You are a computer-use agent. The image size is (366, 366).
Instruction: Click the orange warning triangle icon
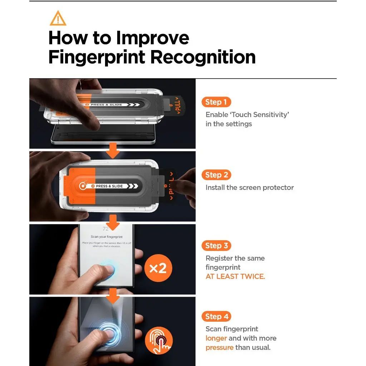[58, 18]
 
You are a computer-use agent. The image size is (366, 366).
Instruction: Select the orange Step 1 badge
[216, 102]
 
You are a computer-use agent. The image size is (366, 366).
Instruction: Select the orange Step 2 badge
[216, 175]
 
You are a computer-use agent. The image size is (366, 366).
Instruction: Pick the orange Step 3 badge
[216, 246]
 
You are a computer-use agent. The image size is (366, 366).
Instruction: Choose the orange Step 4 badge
[216, 316]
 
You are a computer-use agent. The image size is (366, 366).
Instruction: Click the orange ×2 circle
[158, 268]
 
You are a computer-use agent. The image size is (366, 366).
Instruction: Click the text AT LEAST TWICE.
[235, 277]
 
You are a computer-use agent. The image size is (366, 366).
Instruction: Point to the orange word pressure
[219, 347]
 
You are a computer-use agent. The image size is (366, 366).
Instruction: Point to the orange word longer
[216, 338]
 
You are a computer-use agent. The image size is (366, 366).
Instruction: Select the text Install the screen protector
[249, 188]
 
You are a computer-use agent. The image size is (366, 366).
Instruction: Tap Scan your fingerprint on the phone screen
[107, 237]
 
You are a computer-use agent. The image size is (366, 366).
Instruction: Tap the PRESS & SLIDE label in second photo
[109, 186]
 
